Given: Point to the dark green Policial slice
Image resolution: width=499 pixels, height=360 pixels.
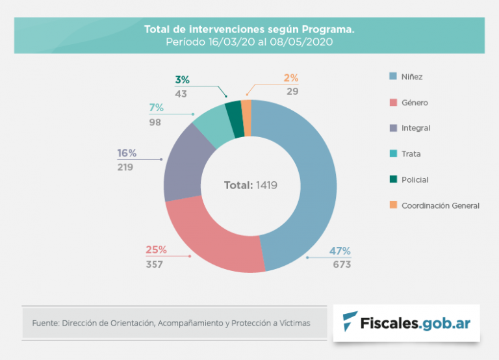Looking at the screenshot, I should coord(233,111).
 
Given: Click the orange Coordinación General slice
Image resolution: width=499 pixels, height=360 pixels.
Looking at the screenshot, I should coord(246,109).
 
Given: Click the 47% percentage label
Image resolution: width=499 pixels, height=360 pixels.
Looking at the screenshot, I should coord(340,251).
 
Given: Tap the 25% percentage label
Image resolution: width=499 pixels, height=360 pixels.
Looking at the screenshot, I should coord(156,250).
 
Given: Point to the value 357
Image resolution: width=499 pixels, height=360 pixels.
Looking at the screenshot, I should coord(155,264).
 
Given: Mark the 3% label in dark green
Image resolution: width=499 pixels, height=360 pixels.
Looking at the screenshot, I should coord(182,80).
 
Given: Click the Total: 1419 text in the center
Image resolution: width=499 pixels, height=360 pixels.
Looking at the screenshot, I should coord(251,185).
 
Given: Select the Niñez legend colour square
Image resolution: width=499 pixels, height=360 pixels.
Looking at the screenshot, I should coord(393,77).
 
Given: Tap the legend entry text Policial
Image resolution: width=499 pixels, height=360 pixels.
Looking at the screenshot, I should coord(415,179).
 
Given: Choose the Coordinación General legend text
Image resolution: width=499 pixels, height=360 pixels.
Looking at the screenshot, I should coord(440,205).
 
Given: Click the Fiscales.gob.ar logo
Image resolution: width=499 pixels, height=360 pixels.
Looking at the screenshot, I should coord(407,322).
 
